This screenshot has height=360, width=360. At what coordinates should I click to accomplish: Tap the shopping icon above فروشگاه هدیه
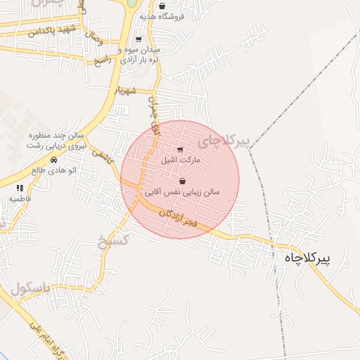click(x=162, y=6)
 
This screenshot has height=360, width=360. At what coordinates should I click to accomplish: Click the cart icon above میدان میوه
click(x=138, y=40)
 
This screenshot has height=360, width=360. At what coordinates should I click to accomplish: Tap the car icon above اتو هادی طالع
click(x=54, y=160)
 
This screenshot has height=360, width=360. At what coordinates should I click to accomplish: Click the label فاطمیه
click(x=20, y=199)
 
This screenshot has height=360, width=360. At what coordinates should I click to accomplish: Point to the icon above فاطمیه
click(x=20, y=188)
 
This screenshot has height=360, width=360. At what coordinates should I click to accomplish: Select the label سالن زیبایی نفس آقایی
click(x=183, y=191)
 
